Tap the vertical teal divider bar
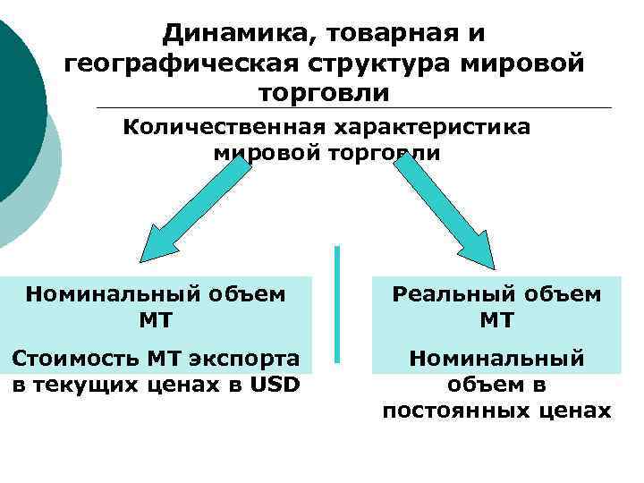tap(337, 304)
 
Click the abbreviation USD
tap(275, 385)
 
